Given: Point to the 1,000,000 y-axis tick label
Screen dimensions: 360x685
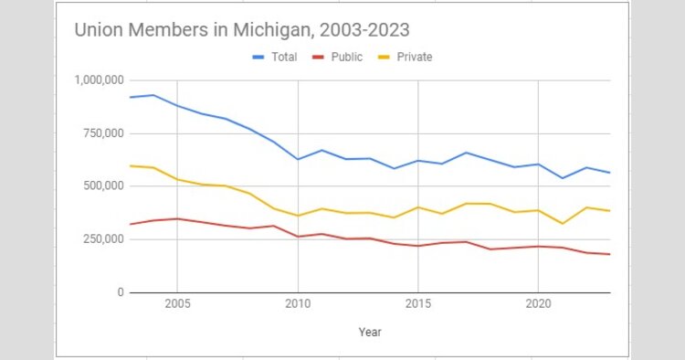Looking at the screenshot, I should click(100, 80).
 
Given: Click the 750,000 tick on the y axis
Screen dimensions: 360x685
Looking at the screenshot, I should click(102, 133).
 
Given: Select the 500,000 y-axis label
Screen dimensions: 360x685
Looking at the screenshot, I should click(102, 186).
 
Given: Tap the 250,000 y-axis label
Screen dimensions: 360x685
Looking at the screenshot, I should click(102, 239).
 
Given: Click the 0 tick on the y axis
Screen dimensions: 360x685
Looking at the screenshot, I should click(120, 292).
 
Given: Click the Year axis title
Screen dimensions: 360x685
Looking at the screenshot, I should click(370, 332).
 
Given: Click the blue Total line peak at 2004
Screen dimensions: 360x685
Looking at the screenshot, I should click(153, 95).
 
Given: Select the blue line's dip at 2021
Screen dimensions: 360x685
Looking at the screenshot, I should click(563, 178).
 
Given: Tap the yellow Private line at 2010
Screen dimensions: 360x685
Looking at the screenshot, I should click(298, 216).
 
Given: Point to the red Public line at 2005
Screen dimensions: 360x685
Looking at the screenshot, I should click(177, 218).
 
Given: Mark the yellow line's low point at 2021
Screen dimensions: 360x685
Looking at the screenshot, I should click(563, 224).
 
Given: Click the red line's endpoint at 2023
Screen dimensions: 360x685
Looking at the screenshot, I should click(610, 254).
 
